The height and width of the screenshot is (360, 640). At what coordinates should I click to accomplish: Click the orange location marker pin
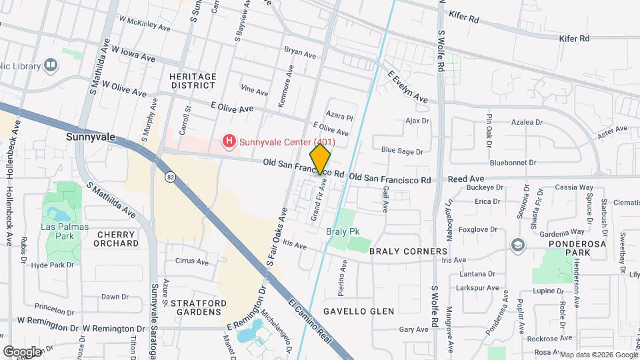coord(320,159)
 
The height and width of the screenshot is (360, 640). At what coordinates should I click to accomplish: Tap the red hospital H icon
coord(229,141)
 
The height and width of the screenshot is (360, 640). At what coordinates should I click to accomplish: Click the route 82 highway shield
coord(171,176)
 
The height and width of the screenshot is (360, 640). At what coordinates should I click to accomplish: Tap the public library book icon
coord(51,65)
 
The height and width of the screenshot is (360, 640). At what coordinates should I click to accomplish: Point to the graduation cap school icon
coord(517,245)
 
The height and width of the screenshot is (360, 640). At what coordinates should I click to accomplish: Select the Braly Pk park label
coord(344,233)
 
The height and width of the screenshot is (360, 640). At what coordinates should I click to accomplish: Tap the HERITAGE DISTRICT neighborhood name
coord(193,81)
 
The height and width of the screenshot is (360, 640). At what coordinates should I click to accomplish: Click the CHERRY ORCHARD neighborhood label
coord(116,239)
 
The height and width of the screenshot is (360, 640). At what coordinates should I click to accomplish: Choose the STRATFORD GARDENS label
coord(195,307)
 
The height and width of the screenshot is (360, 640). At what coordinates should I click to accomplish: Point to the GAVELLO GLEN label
coord(359,311)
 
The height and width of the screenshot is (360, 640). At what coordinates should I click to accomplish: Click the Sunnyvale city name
coord(91,137)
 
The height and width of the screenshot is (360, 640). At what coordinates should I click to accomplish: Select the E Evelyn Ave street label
coord(407,86)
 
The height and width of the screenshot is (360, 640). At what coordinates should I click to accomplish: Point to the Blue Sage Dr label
coord(402,151)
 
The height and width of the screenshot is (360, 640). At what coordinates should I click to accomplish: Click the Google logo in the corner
coord(23,351)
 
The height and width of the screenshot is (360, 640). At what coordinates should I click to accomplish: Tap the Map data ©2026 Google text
coord(598,355)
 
